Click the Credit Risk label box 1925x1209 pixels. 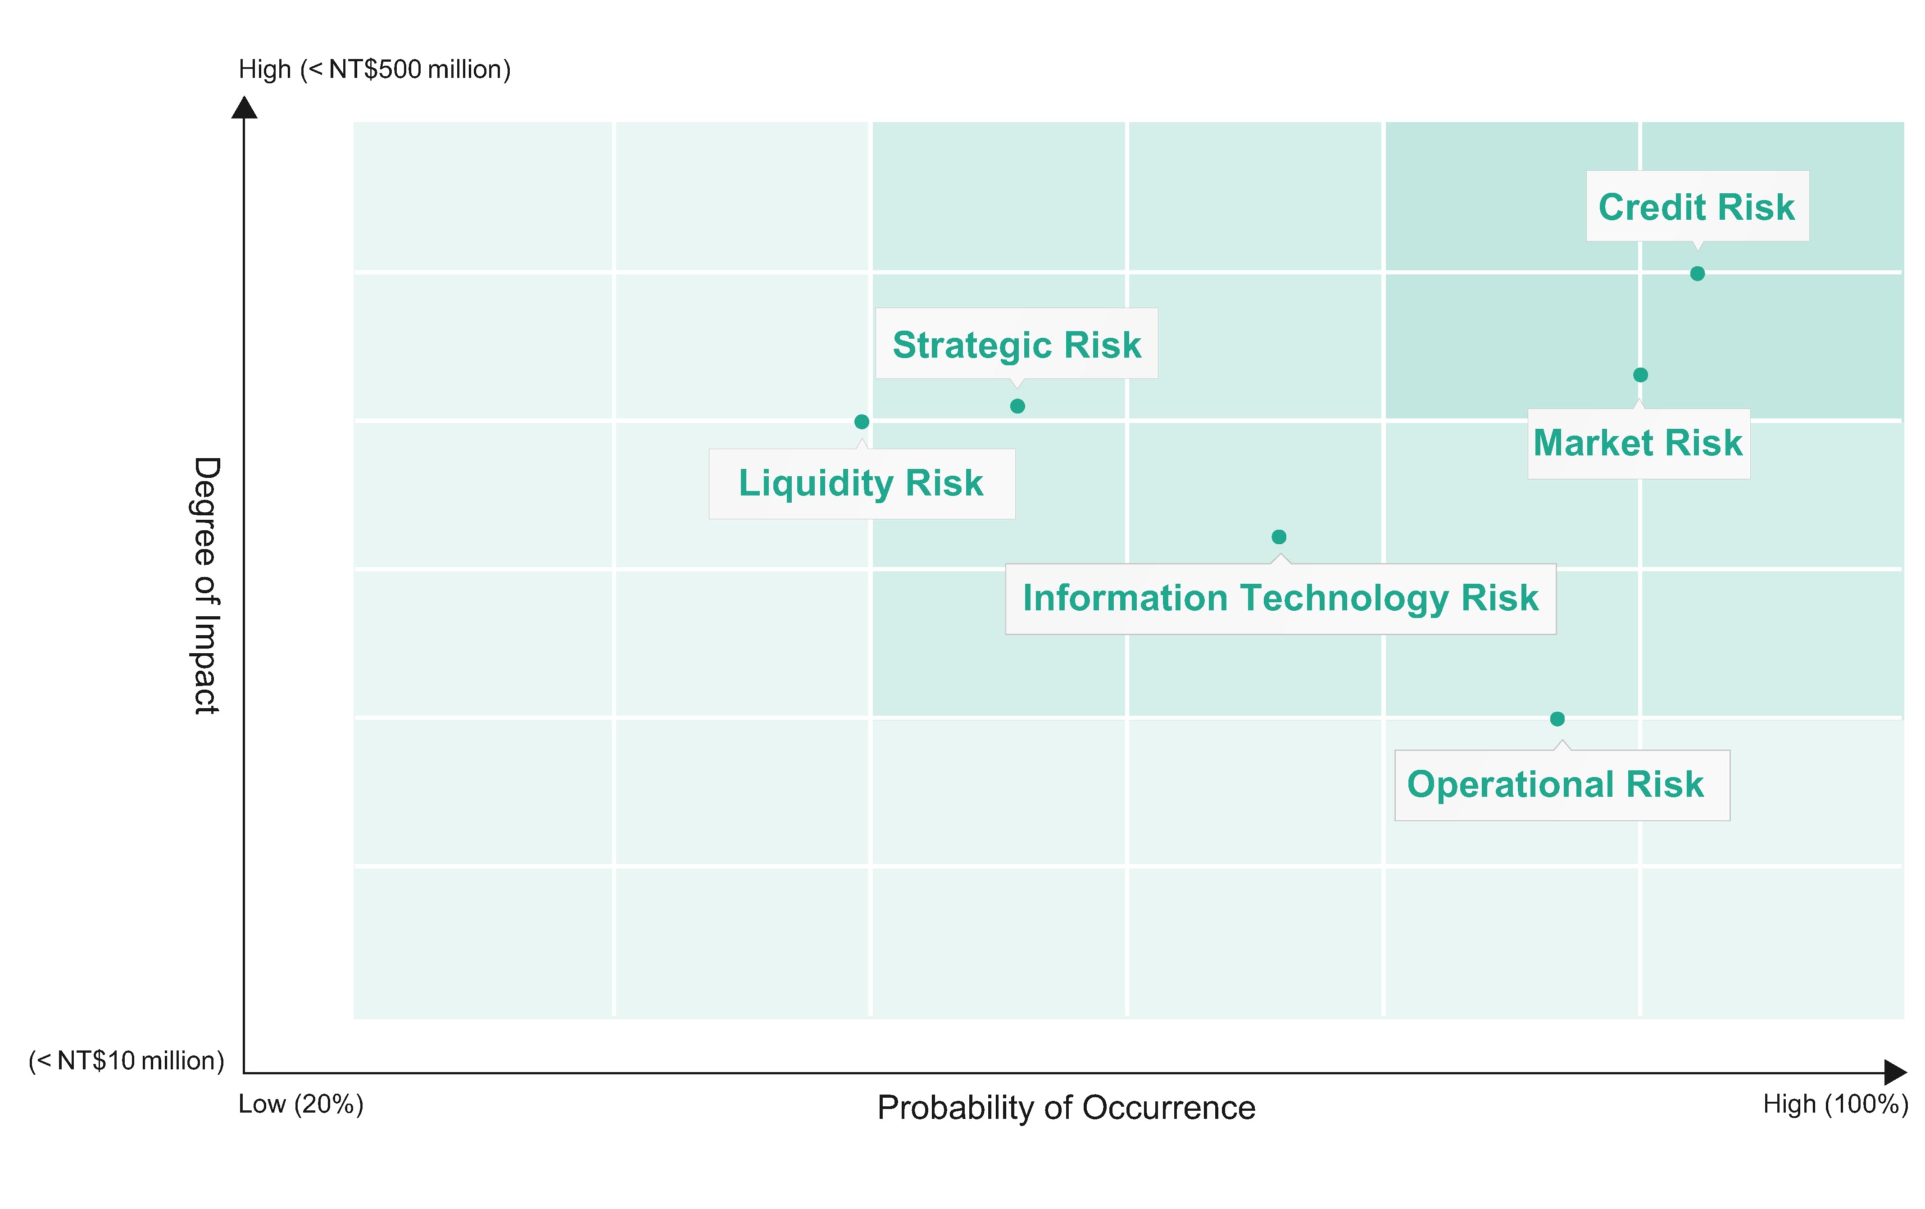click(1697, 206)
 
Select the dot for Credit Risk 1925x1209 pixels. click(1697, 273)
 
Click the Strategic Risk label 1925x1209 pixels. click(1016, 345)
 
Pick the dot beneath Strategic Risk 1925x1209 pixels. click(1017, 406)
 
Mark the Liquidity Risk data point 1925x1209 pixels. click(862, 421)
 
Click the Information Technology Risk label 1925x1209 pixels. click(1280, 598)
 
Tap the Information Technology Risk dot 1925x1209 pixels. click(1279, 536)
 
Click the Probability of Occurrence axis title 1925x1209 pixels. click(1066, 1108)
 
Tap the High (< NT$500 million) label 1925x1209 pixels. click(374, 69)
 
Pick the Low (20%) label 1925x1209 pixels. click(300, 1104)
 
